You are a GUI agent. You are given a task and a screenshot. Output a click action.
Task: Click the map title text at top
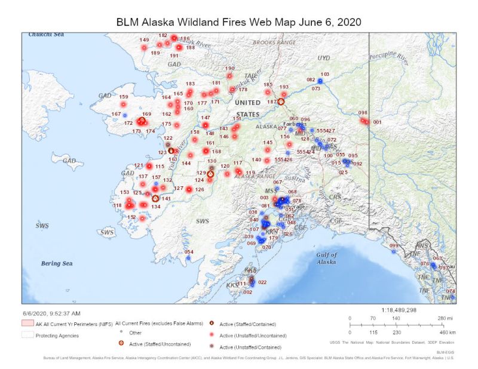click(238, 21)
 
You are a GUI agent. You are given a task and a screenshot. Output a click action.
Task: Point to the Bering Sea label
click(57, 263)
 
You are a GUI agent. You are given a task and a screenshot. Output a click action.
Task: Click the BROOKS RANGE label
click(274, 43)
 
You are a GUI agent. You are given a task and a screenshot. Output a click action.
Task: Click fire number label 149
click(144, 41)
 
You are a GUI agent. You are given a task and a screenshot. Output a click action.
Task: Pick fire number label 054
click(189, 252)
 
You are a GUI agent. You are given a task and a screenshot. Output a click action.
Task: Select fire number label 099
click(394, 246)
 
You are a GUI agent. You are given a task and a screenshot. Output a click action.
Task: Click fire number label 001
click(377, 122)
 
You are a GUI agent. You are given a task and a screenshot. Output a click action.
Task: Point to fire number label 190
click(229, 69)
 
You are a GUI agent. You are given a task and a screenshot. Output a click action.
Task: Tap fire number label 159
click(124, 97)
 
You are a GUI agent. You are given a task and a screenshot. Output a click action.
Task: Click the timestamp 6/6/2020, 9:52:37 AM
click(51, 313)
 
